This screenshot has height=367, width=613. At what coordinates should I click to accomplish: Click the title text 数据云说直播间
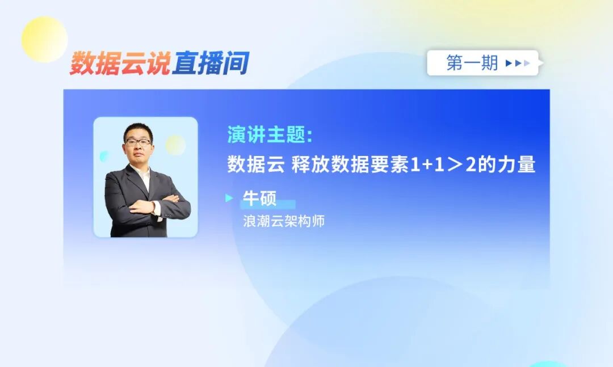(x=159, y=63)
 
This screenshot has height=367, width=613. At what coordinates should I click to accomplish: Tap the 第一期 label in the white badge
(x=472, y=63)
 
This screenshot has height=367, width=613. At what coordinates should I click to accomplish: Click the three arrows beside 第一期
(x=517, y=63)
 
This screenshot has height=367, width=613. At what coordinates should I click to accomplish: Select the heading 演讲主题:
(x=270, y=136)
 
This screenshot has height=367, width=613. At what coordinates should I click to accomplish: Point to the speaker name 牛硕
(x=259, y=199)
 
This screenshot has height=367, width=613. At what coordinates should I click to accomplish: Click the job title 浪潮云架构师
(x=283, y=221)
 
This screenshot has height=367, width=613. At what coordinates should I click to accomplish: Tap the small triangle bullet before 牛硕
(x=229, y=199)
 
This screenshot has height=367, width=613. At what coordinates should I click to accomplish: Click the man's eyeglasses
(x=138, y=142)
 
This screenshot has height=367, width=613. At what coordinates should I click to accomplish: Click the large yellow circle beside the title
(x=44, y=39)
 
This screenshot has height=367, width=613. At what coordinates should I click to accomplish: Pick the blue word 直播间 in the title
(x=211, y=63)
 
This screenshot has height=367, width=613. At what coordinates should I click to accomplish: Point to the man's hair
(x=138, y=130)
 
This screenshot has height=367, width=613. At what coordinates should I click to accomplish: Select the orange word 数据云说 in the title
(x=120, y=63)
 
